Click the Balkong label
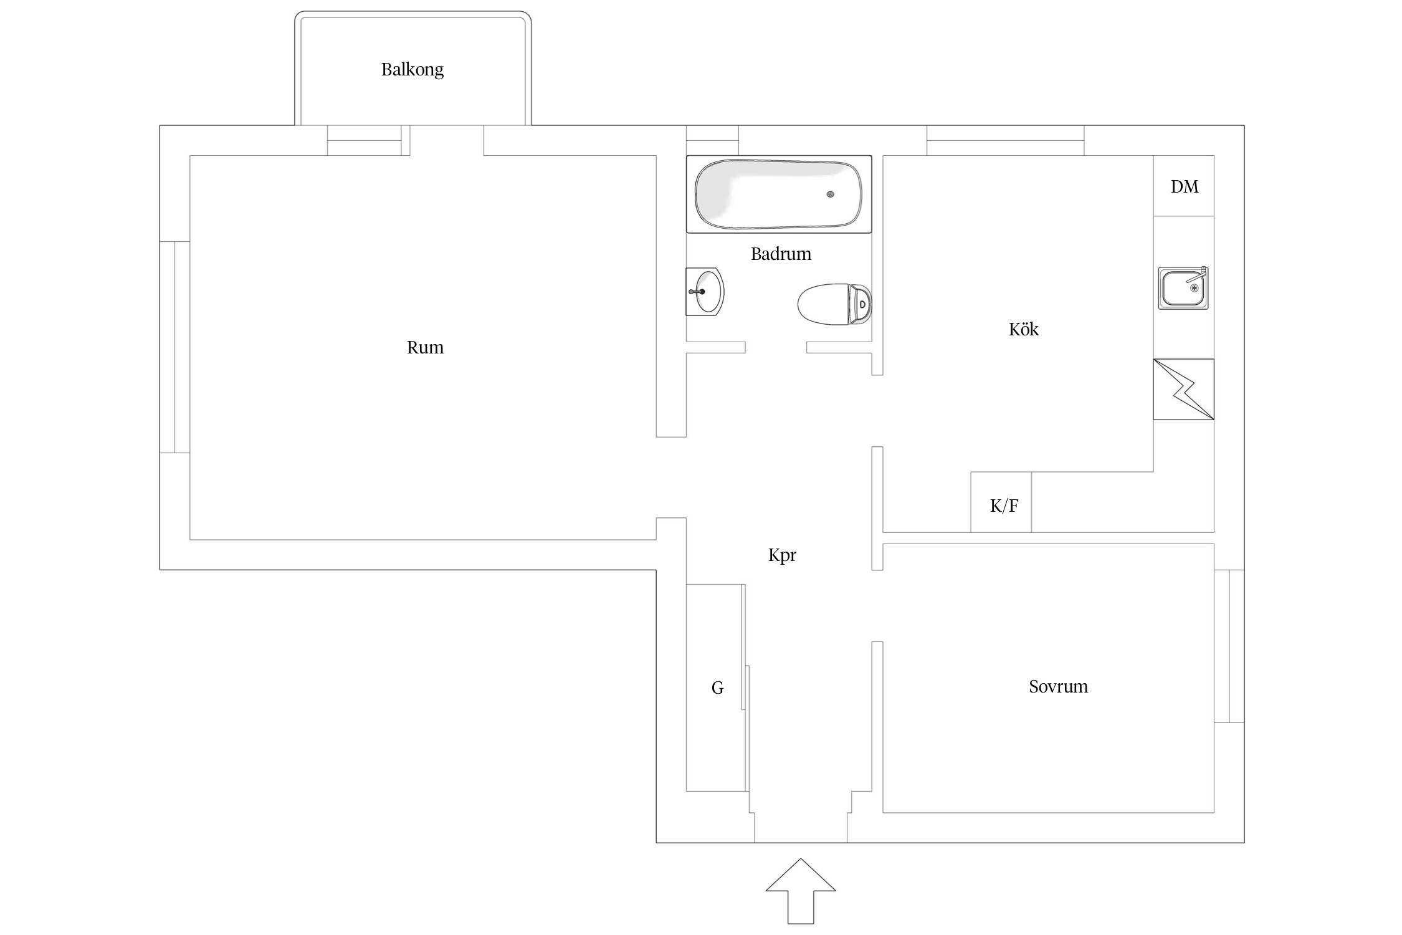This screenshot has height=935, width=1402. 412,69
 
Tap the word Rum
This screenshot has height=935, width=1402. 425,347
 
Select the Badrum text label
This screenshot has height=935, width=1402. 781,254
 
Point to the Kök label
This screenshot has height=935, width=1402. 1023,328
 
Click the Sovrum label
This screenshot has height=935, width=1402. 1058,686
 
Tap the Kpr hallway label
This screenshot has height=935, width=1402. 782,555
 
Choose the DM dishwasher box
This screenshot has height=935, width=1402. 1183,186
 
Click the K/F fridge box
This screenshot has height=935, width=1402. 1001,502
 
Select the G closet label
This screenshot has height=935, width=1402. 717,688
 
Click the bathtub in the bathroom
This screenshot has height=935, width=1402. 779,194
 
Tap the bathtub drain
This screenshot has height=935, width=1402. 831,194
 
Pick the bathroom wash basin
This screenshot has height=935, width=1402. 705,292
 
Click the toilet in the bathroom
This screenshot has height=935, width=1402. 835,304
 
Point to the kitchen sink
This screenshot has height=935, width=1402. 1183,288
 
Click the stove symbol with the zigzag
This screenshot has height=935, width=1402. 1183,389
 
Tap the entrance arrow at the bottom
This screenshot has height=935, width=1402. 801,891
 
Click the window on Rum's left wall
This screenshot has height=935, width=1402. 174,347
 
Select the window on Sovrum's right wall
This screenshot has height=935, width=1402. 1229,646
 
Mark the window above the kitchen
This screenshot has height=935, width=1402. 1005,140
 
